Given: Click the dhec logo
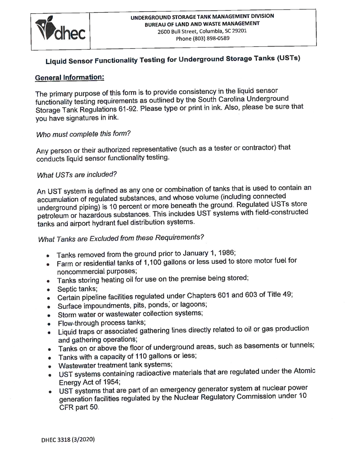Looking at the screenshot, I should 61,30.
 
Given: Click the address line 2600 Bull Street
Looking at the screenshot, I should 202,31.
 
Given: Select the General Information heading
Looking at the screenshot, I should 69,77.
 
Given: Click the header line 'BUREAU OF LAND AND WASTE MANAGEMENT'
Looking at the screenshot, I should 202,23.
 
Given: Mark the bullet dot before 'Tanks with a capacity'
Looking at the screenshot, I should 50,358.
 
